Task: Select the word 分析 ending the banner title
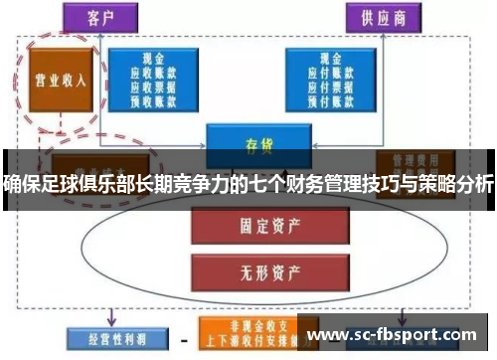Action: pos(475,182)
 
